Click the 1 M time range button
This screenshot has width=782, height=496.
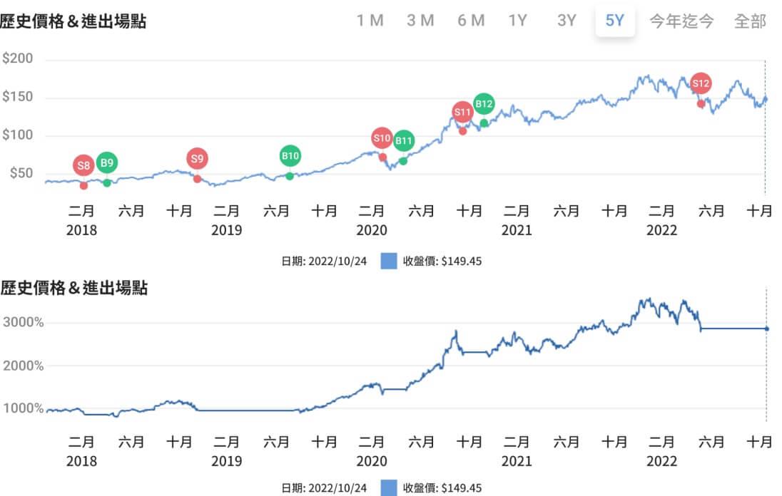pyautogui.click(x=370, y=21)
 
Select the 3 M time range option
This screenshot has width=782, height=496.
pyautogui.click(x=420, y=21)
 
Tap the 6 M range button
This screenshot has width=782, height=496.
pyautogui.click(x=471, y=21)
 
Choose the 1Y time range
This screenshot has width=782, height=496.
pyautogui.click(x=518, y=21)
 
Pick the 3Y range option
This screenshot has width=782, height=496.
pyautogui.click(x=567, y=21)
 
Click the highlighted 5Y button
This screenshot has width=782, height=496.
pyautogui.click(x=615, y=21)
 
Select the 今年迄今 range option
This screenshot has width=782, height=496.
pyautogui.click(x=681, y=21)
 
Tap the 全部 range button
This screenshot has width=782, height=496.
pyautogui.click(x=750, y=21)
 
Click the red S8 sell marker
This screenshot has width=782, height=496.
pyautogui.click(x=83, y=166)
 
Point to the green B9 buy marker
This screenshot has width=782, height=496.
pyautogui.click(x=106, y=163)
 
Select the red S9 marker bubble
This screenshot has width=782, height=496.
pyautogui.click(x=198, y=159)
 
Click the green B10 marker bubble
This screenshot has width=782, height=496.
pyautogui.click(x=290, y=155)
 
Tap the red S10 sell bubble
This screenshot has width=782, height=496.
pyautogui.click(x=382, y=138)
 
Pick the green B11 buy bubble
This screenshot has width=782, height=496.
pyautogui.click(x=404, y=140)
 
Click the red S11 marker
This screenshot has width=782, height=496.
pyautogui.click(x=462, y=112)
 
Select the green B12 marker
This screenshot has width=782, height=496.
pyautogui.click(x=484, y=104)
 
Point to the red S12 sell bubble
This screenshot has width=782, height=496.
pyautogui.click(x=701, y=83)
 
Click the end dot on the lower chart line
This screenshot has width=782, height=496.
pyautogui.click(x=766, y=329)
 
